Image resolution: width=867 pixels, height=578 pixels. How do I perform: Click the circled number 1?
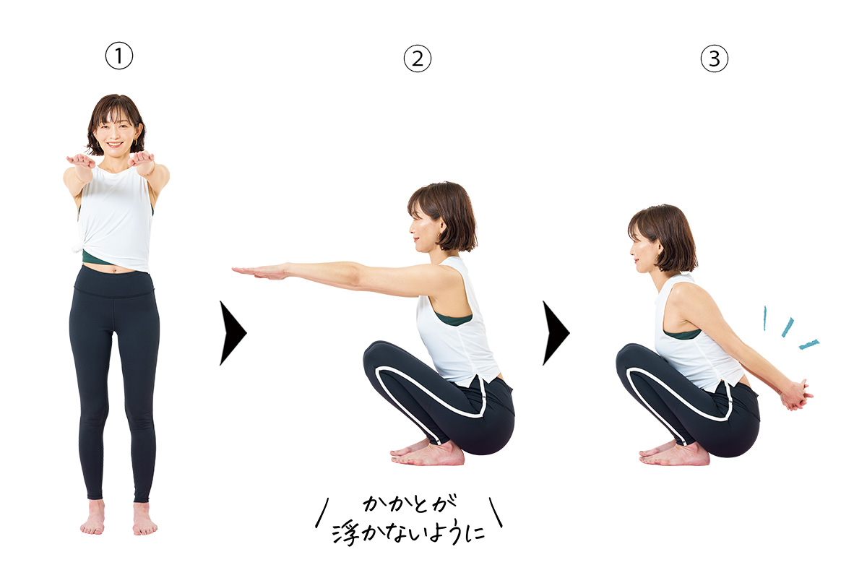118,56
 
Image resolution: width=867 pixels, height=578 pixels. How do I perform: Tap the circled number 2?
418,59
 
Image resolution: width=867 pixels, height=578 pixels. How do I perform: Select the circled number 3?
714,59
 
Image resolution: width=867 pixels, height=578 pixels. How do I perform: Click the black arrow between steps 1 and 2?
233,333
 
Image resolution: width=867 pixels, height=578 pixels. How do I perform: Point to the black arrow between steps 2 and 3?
556,333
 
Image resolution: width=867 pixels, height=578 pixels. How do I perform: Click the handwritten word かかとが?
410,504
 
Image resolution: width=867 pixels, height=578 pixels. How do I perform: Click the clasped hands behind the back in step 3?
795,395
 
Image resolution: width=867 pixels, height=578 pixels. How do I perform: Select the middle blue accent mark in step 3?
788,327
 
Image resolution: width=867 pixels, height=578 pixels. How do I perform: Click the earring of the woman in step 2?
440,236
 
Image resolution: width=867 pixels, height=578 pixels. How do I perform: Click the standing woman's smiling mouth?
115,144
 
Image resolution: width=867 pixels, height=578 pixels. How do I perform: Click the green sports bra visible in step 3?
682,334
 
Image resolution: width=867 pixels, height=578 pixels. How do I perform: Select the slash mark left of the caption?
322,512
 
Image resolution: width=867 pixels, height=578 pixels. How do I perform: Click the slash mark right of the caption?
496,512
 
